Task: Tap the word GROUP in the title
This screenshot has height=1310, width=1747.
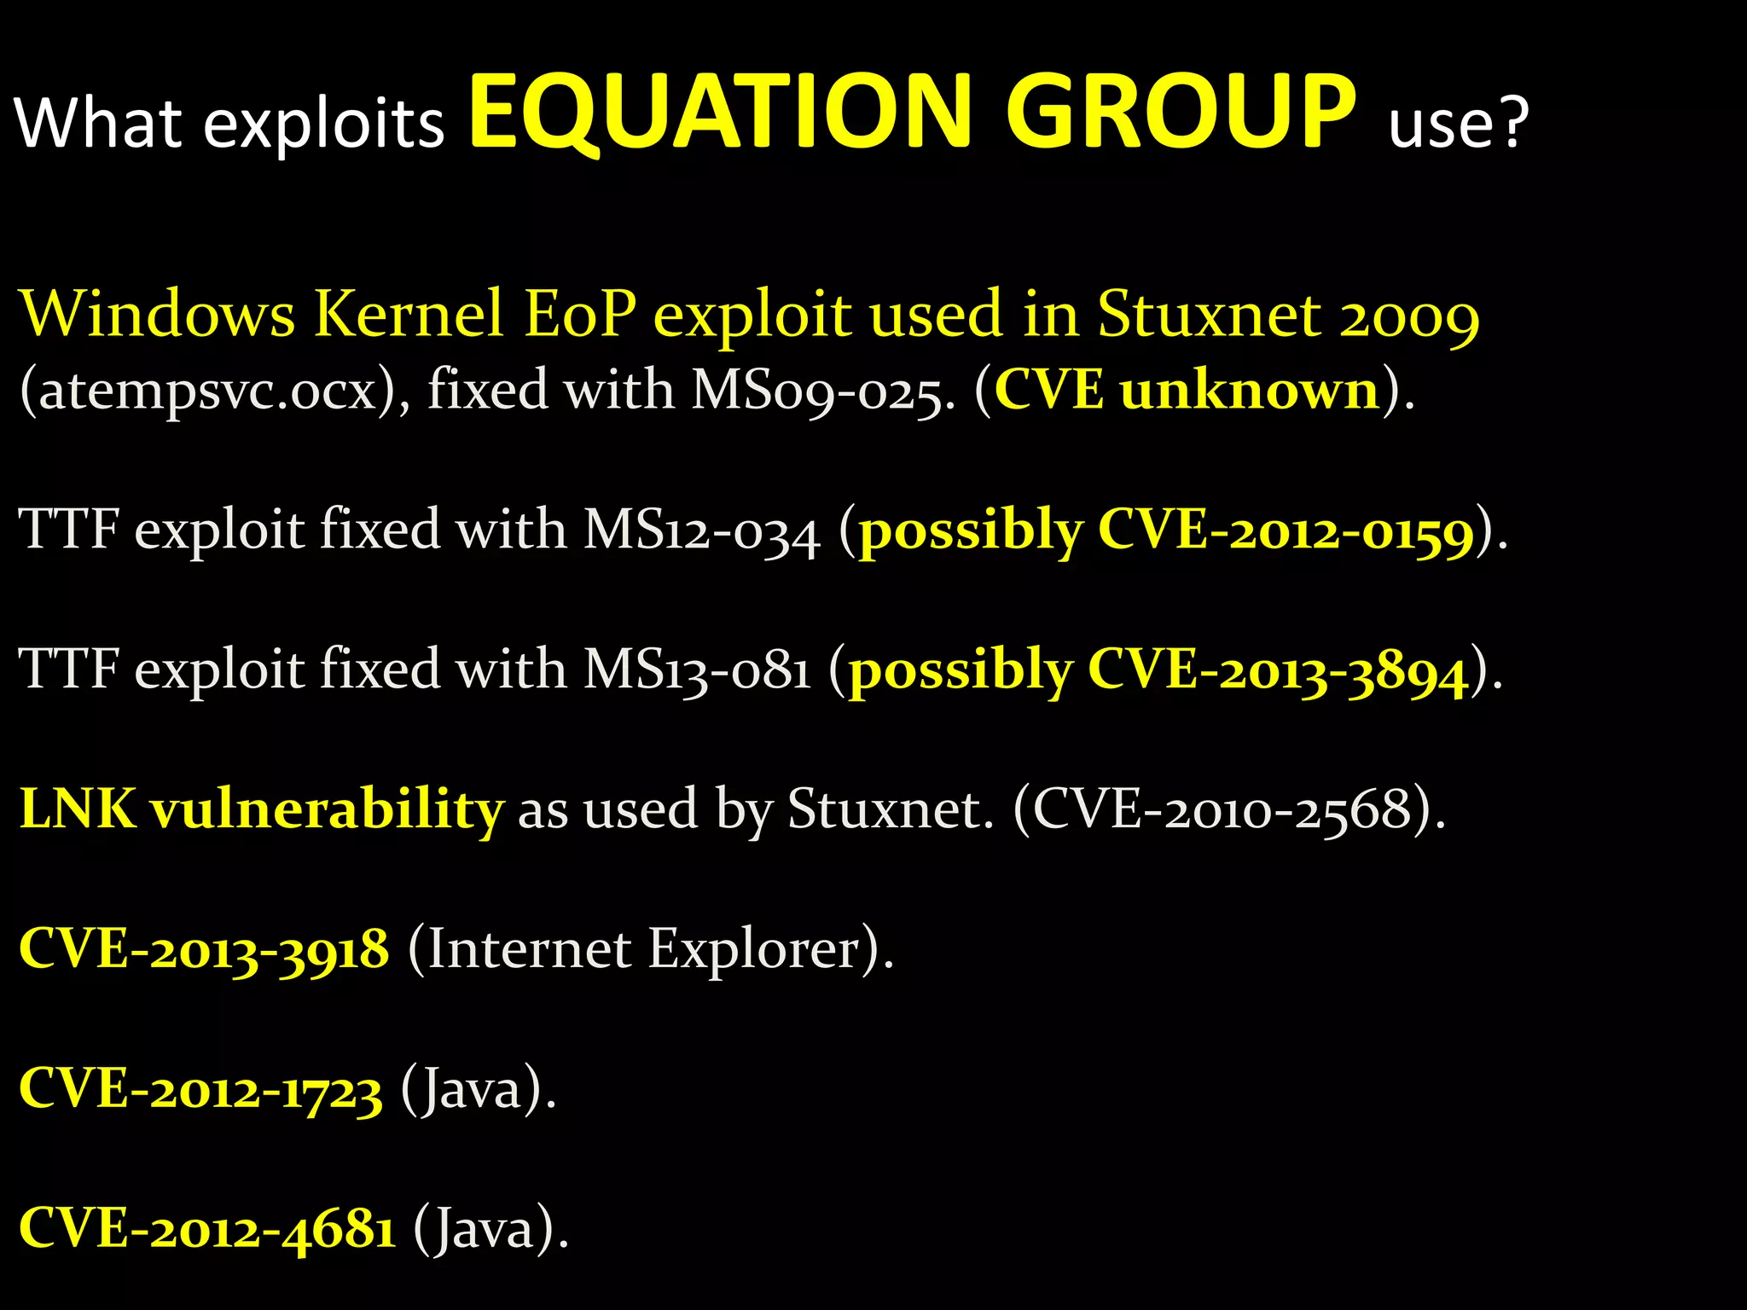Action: (x=1180, y=113)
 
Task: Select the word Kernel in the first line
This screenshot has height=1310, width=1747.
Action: (x=409, y=313)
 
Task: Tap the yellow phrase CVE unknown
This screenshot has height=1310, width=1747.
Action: (x=1187, y=391)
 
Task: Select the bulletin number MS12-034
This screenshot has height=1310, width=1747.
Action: (x=700, y=530)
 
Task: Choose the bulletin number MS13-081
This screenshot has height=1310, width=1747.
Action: (x=696, y=669)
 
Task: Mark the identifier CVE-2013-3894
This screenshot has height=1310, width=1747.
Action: (x=1278, y=670)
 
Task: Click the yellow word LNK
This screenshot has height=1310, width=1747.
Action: (x=78, y=809)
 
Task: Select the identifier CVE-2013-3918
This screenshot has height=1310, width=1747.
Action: (x=204, y=948)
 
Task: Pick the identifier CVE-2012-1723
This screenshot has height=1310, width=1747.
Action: (x=200, y=1089)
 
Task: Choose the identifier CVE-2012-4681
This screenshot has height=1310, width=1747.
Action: (x=207, y=1229)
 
